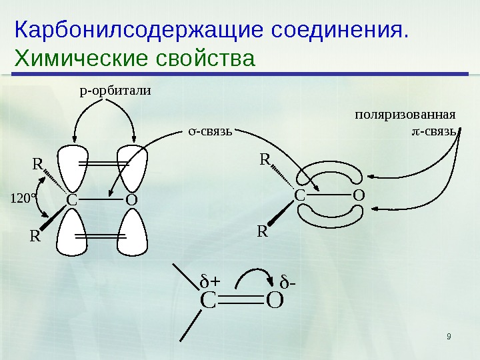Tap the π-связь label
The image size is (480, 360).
(x=434, y=129)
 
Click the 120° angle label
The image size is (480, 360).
(x=23, y=198)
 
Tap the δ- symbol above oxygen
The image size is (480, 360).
(x=288, y=280)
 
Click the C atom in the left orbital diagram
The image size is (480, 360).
(x=71, y=200)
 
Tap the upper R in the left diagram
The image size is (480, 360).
(x=38, y=163)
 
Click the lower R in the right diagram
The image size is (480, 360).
(x=262, y=231)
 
